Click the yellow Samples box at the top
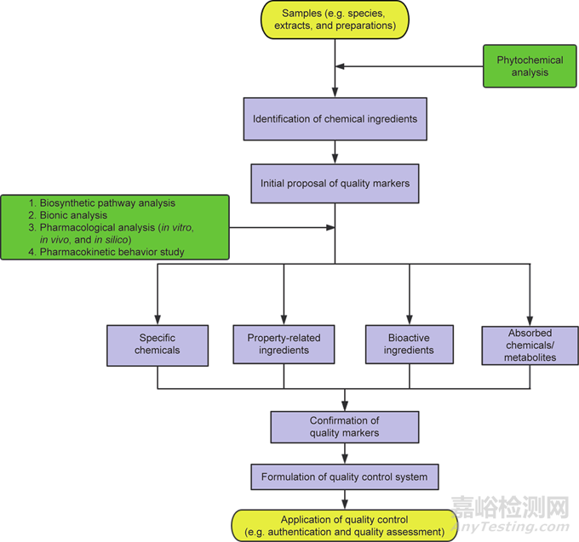tap(335, 20)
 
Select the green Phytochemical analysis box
tap(530, 66)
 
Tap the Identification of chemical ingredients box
tap(335, 119)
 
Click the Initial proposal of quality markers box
tap(335, 184)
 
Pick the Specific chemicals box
tap(158, 345)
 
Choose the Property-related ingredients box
tap(284, 345)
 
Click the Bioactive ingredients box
tap(410, 345)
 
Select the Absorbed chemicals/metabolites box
tap(530, 345)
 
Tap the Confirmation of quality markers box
tap(345, 427)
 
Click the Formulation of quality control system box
tap(345, 476)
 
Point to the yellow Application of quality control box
tap(345, 525)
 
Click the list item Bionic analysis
tap(68, 215)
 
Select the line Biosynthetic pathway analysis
tap(102, 203)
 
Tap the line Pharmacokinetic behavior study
tap(106, 252)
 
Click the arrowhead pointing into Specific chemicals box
tap(158, 320)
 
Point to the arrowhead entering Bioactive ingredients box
tap(410, 320)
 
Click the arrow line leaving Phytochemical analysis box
tap(410, 66)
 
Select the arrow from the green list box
tap(282, 228)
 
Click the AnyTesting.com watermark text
tap(510, 527)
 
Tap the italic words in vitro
tap(176, 227)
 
